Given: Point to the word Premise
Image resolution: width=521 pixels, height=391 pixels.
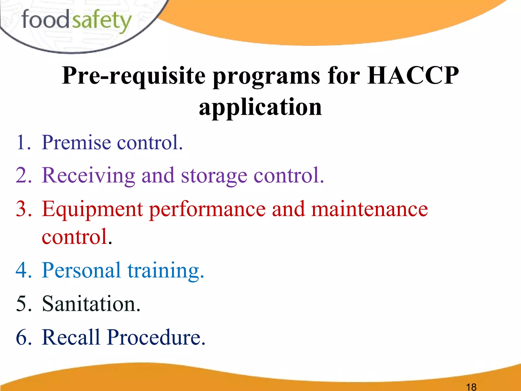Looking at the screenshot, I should coord(76,142).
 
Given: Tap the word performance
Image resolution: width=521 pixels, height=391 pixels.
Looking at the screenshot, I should coord(207,210).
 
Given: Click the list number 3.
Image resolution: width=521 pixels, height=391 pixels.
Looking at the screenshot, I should coord(23,209).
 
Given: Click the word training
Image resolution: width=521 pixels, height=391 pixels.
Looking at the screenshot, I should coord(165,271).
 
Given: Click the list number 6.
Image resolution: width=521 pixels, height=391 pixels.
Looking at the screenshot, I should coord(23,337).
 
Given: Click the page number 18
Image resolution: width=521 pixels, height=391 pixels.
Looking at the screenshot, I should coord(471,387).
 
